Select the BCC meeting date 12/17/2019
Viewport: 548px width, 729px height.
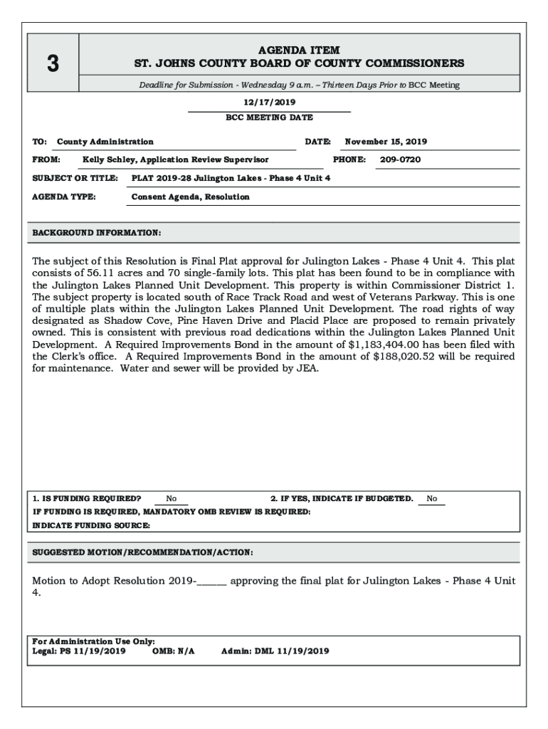(x=269, y=103)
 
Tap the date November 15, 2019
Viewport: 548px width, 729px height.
(x=386, y=142)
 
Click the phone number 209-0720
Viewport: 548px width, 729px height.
(x=400, y=159)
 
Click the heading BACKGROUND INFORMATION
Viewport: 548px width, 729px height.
(x=97, y=233)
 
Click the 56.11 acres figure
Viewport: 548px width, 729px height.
(x=102, y=273)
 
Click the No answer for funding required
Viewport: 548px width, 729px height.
(x=172, y=499)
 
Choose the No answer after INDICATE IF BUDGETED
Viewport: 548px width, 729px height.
(x=432, y=499)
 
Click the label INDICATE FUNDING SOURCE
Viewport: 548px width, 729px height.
(x=91, y=525)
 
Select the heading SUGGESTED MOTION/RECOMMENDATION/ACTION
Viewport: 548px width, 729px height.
(x=142, y=552)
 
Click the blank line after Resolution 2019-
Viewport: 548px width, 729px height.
(x=211, y=581)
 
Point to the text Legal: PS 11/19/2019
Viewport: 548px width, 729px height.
(x=79, y=651)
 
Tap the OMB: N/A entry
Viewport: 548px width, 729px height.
(x=174, y=651)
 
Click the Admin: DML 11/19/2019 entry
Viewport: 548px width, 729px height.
(x=275, y=651)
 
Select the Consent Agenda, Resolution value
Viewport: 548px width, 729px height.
(x=191, y=197)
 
